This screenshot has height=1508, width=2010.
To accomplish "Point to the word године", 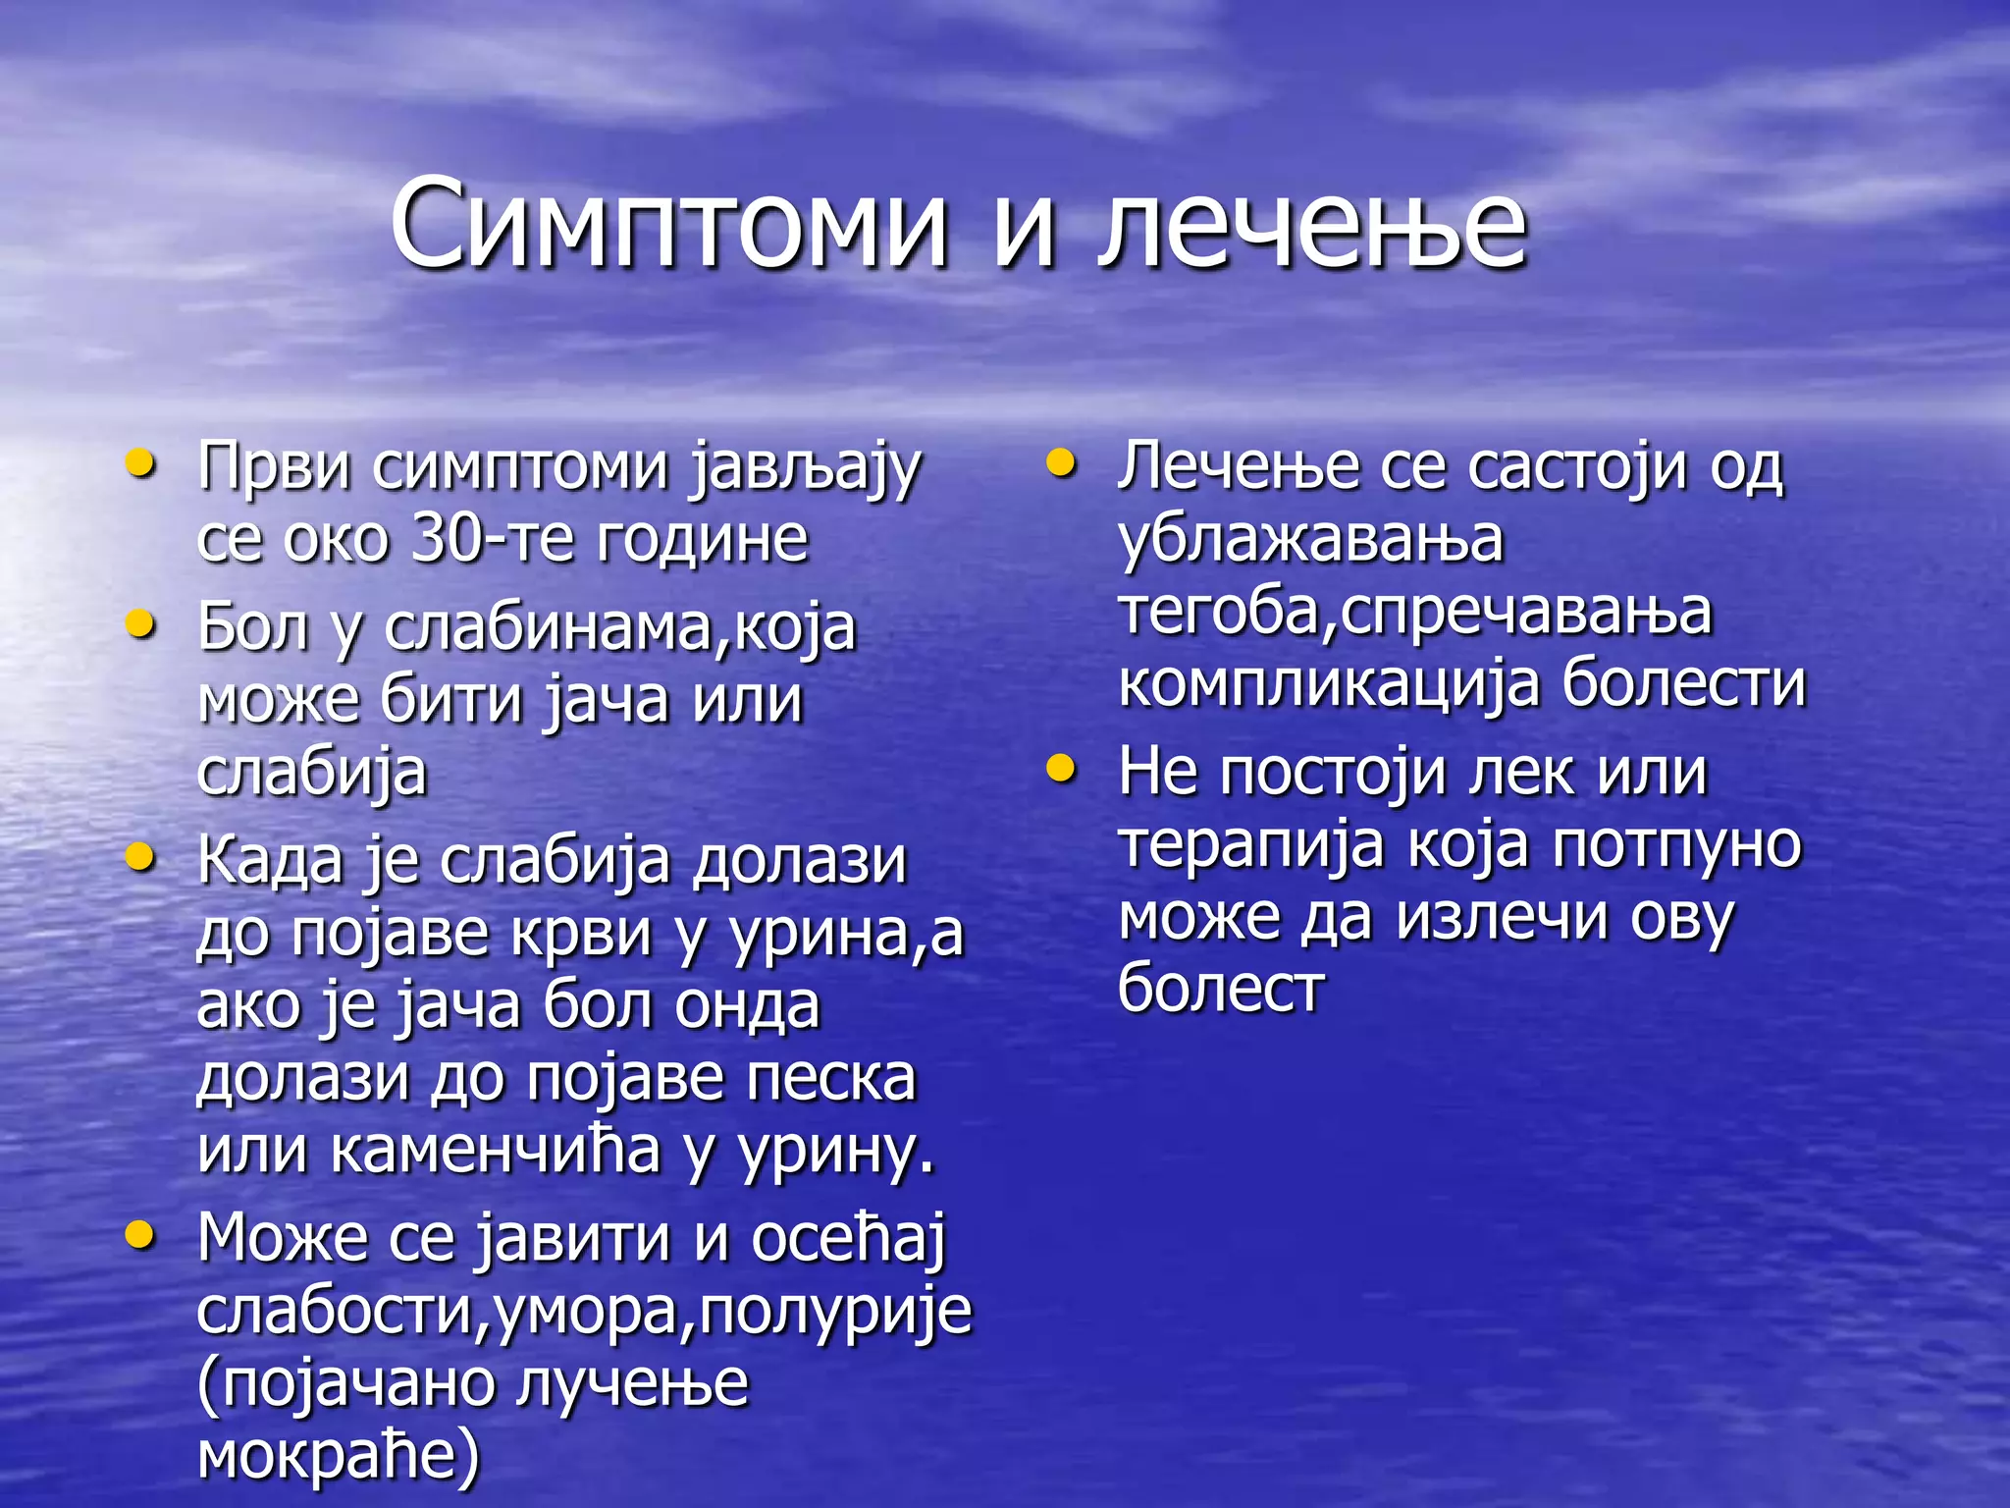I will (x=702, y=539).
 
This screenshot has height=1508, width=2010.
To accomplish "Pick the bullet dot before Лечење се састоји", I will (x=1061, y=463).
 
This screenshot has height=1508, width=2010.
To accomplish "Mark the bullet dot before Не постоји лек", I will (x=1061, y=769).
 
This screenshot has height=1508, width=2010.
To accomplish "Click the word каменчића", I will (x=496, y=1151).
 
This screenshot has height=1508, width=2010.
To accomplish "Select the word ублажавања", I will (x=1311, y=539).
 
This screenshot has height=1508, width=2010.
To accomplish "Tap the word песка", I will (x=831, y=1078).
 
